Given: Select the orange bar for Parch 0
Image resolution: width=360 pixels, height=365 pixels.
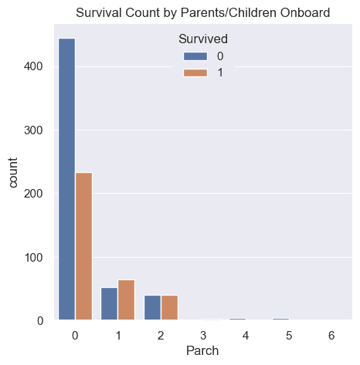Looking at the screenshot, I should (x=83, y=246).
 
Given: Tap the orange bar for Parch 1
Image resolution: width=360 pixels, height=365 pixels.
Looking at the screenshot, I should (x=127, y=299).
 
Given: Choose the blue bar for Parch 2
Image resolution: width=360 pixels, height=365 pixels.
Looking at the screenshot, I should (x=152, y=307).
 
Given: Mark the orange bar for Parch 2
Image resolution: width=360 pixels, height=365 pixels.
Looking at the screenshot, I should (x=169, y=307).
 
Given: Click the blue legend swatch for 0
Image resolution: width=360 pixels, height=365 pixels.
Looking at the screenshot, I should (x=193, y=56).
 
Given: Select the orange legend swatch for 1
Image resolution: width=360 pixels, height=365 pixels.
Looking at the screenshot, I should (x=193, y=73).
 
